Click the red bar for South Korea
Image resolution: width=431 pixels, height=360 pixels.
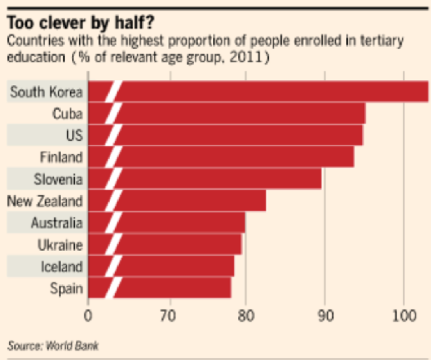click(x=273, y=92)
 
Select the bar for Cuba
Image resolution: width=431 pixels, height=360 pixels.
click(x=240, y=114)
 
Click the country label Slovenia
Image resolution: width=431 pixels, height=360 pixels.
click(x=58, y=179)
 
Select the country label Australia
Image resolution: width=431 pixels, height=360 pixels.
click(x=56, y=223)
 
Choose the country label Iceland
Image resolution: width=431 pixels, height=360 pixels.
click(x=62, y=266)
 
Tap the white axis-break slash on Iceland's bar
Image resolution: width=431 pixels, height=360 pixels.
click(x=113, y=266)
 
